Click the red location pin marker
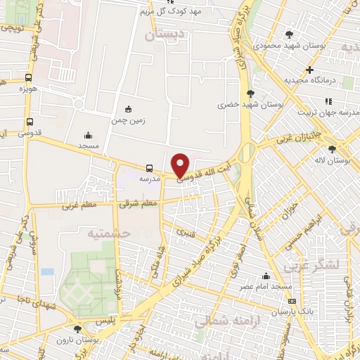(x=181, y=164)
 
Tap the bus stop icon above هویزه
(x=29, y=78)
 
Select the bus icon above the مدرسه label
(x=149, y=168)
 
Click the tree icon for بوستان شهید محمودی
(x=289, y=34)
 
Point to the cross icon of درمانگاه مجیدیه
(x=309, y=70)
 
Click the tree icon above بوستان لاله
(x=333, y=148)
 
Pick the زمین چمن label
(x=127, y=120)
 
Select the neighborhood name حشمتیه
(x=105, y=232)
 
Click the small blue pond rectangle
(x=47, y=271)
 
